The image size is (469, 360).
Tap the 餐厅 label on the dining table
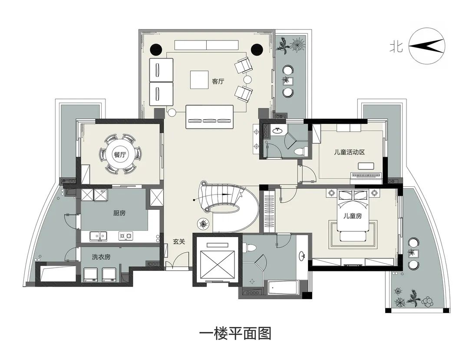119,155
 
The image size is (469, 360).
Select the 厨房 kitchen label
119,213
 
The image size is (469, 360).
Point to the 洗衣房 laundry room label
101,257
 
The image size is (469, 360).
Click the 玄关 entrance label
179,242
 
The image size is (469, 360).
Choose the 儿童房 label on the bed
352,216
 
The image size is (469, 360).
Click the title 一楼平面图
235,334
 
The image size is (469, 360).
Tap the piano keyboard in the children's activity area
366,175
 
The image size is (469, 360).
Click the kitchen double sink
98,236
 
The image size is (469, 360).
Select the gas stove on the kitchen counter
126,236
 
